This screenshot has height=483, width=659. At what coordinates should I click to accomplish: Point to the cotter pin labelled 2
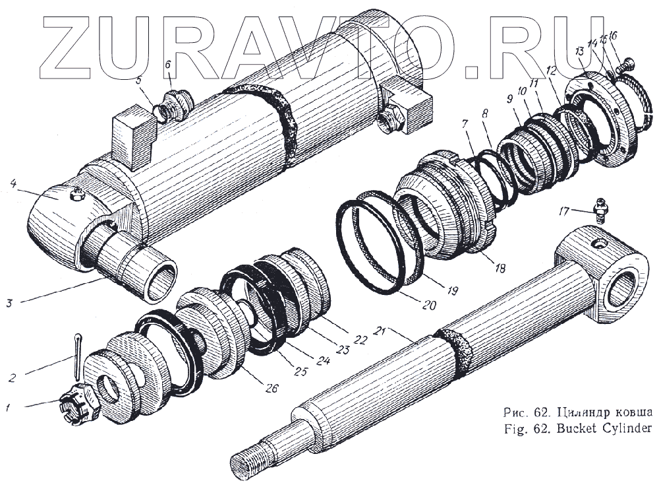78,350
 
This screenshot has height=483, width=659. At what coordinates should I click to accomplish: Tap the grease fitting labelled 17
600,211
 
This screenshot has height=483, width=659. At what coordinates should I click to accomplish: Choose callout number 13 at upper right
579,51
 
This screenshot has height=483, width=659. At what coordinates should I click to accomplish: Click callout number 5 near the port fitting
139,81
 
